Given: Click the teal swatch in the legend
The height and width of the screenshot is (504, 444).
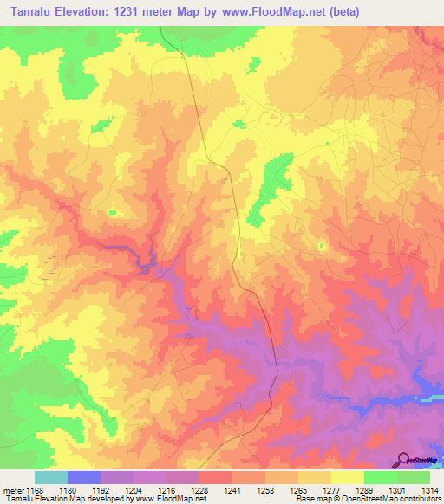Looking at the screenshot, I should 51,477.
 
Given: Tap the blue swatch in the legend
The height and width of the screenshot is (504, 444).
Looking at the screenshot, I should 84,477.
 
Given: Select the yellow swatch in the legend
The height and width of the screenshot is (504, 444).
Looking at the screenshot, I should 347,477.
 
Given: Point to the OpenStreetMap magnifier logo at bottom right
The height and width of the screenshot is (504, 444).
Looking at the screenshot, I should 404,460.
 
